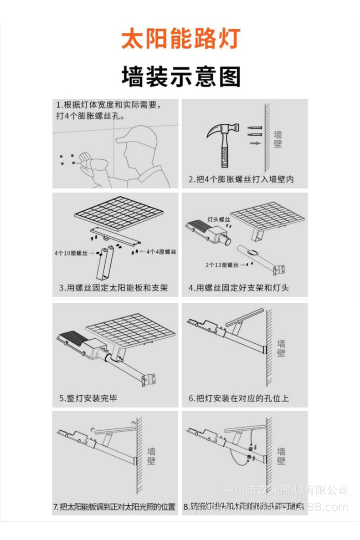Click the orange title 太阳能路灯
pyautogui.click(x=180, y=39)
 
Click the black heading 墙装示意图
pyautogui.click(x=180, y=76)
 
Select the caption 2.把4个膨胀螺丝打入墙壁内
pyautogui.click(x=242, y=179)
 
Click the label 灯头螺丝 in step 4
pyautogui.click(x=219, y=219)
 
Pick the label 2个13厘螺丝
pyautogui.click(x=222, y=265)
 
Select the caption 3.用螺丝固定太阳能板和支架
pyautogui.click(x=113, y=288)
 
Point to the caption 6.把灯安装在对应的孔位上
pyautogui.click(x=239, y=398)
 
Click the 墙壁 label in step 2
pyautogui.click(x=278, y=138)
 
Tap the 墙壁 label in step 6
pyautogui.click(x=282, y=348)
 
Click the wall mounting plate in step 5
pyautogui.click(x=149, y=379)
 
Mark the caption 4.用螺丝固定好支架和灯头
pyautogui.click(x=239, y=288)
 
